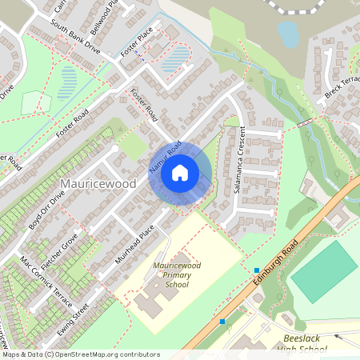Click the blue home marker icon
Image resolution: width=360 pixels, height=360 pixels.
point(180,172)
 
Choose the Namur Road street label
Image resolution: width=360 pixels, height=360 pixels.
point(165,157)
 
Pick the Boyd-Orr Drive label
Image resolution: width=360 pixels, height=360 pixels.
point(46,210)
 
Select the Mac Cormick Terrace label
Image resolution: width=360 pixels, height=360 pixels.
point(46,285)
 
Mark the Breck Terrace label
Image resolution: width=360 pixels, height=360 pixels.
point(343,90)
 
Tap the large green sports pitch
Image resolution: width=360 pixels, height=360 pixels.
point(324,271)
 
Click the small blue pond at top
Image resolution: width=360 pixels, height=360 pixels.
point(287,34)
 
